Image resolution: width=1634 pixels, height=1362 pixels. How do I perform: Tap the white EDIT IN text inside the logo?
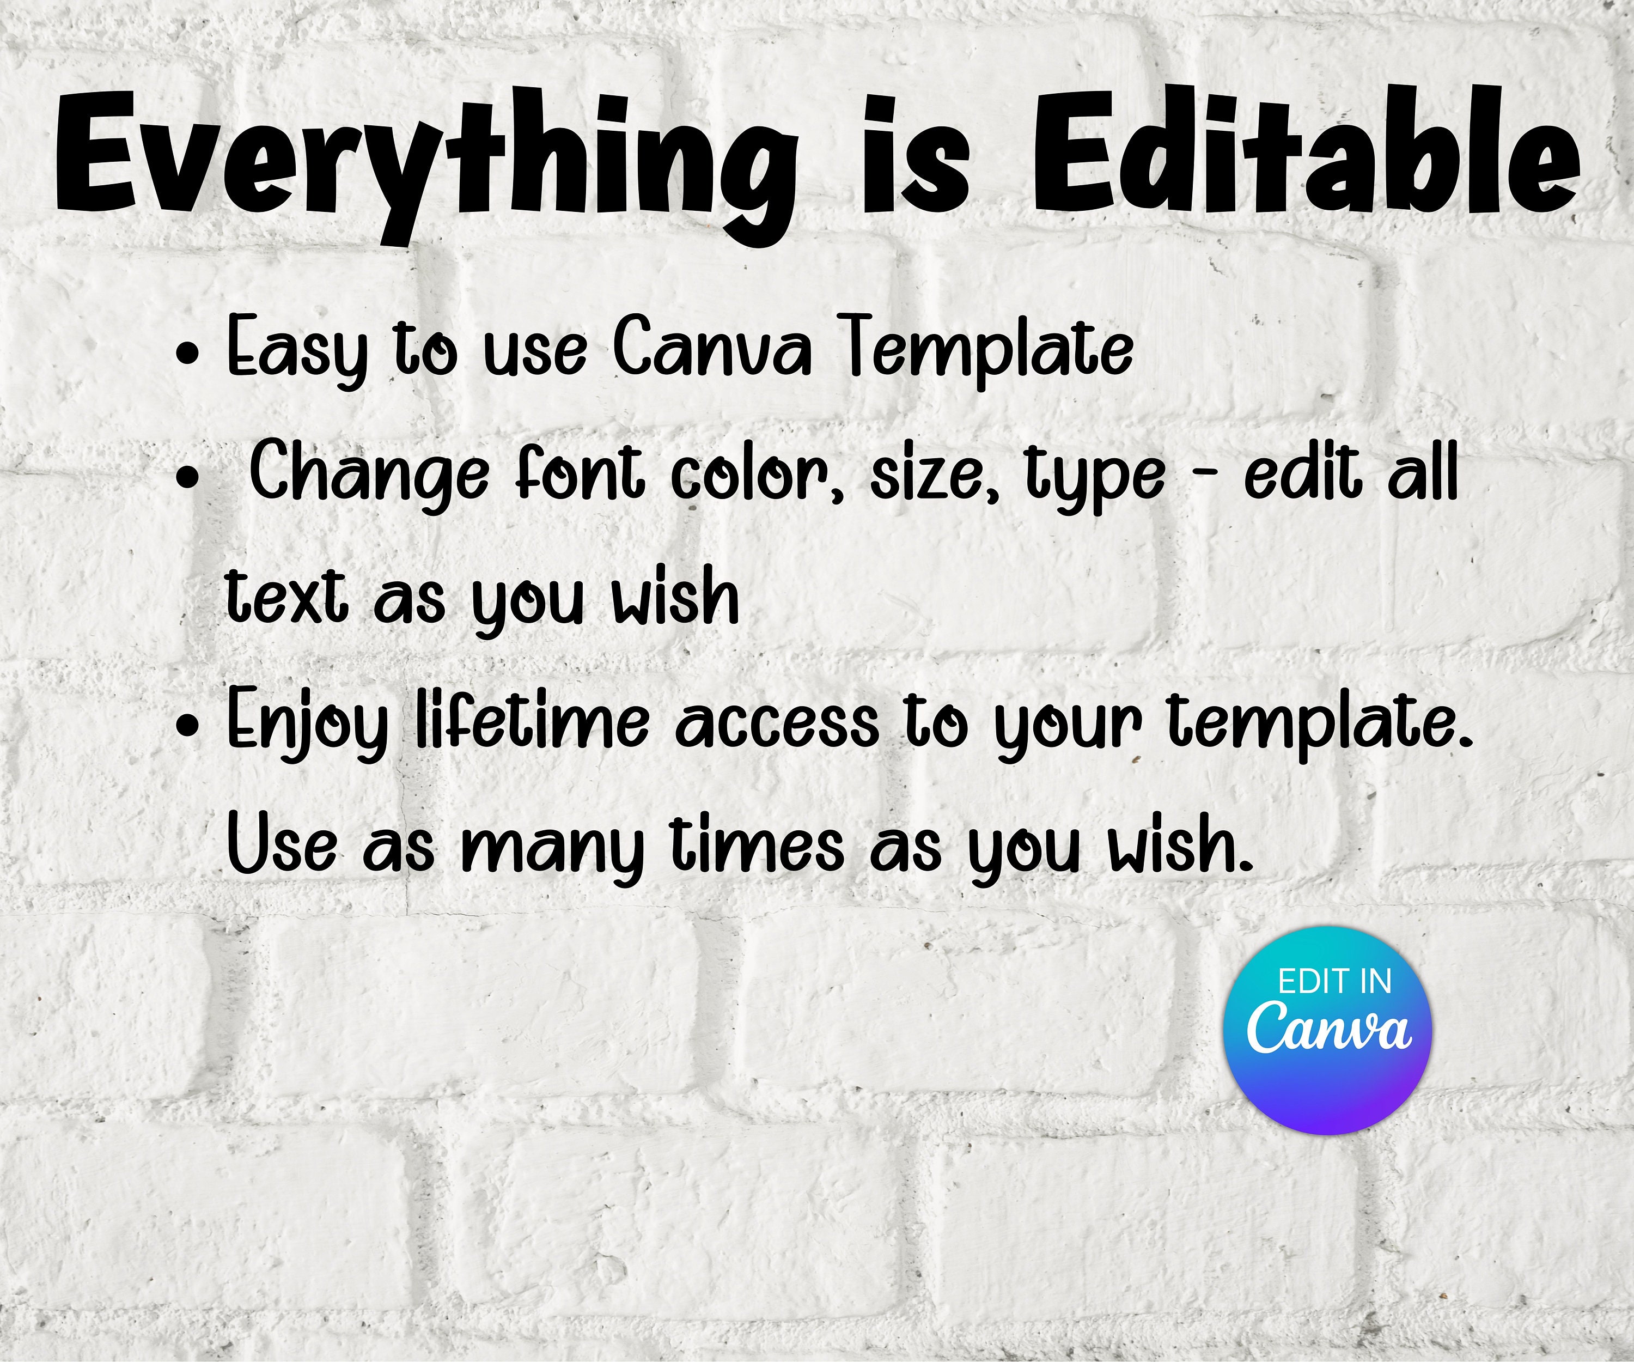point(1334,982)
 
